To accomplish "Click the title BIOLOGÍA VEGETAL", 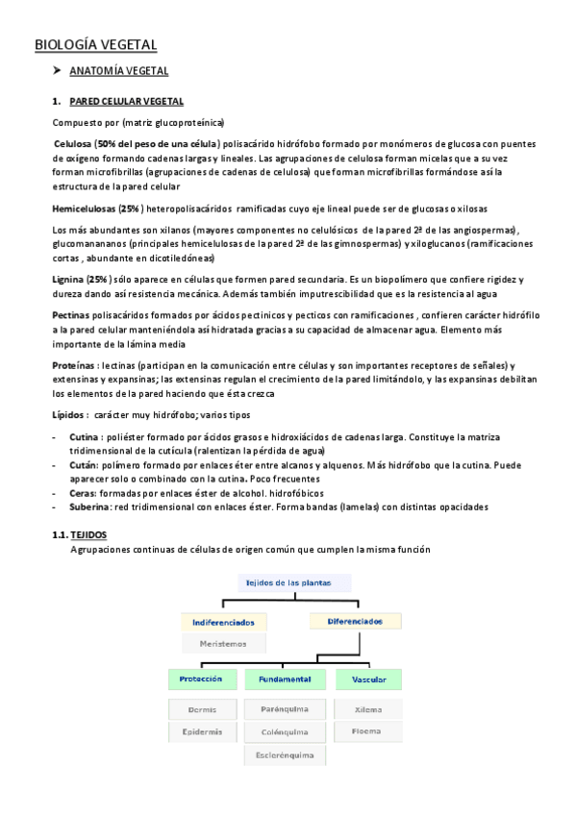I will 95,45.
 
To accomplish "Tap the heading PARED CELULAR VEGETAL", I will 127,102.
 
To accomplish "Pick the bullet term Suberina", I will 92,506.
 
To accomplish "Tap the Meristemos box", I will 223,644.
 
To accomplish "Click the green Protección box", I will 202,679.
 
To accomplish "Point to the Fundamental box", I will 285,679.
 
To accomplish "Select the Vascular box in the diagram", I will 368,679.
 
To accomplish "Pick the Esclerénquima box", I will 285,755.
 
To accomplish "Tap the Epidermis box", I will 202,732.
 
